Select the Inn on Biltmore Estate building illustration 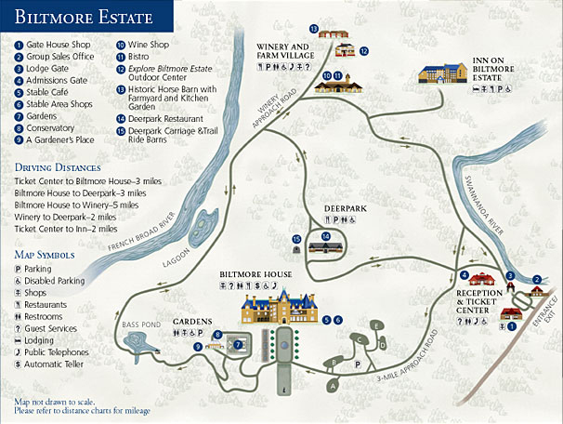453,73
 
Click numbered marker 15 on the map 296,239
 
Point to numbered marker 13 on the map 314,29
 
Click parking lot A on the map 332,382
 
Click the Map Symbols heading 45,253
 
